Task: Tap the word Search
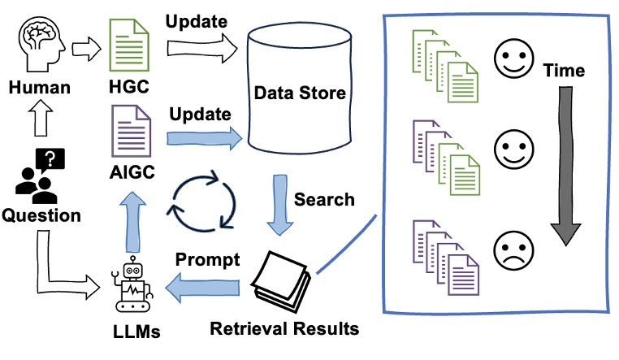tap(324, 198)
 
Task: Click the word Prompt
tap(207, 260)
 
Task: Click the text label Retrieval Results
tap(284, 329)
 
